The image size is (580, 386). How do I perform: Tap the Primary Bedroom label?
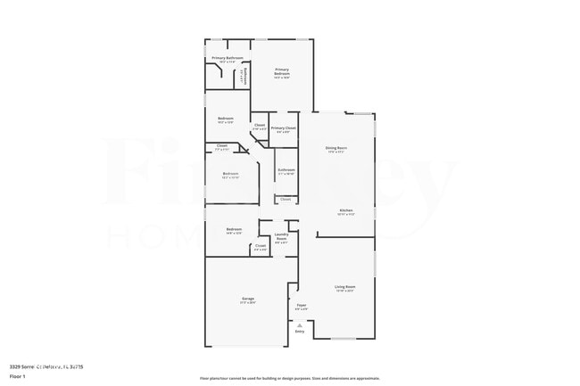click(282, 72)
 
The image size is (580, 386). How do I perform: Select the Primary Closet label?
click(284, 129)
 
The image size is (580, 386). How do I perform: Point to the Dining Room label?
click(336, 149)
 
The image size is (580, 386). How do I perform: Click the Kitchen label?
click(345, 212)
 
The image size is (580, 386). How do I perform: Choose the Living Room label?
click(344, 288)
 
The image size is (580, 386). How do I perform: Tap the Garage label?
click(248, 300)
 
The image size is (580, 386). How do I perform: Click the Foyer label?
click(302, 307)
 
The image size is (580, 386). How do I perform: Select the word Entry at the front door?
click(300, 332)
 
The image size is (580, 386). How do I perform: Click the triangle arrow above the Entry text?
click(300, 325)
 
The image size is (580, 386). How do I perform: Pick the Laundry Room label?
click(281, 237)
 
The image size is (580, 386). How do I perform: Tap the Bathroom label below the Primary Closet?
click(286, 170)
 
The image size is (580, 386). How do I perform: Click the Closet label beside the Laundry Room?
click(261, 247)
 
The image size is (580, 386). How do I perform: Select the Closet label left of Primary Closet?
click(260, 127)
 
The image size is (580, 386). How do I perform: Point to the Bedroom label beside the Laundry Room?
click(234, 231)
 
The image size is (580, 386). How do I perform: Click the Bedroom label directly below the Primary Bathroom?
click(226, 119)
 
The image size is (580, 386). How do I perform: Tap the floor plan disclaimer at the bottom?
click(289, 378)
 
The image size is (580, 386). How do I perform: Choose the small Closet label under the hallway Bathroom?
click(285, 200)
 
